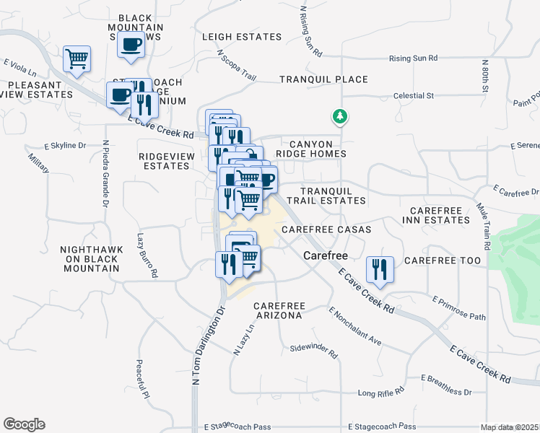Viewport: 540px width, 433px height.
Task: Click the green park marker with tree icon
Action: [339, 115]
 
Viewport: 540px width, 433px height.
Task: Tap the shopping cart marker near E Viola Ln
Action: [77, 59]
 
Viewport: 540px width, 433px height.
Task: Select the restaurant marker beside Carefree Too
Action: [379, 270]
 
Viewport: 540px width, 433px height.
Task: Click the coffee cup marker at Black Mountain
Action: [131, 45]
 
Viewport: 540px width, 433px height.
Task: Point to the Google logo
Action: [24, 424]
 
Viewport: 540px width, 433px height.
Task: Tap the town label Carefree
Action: [326, 255]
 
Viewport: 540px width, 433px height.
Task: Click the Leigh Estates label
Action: [242, 37]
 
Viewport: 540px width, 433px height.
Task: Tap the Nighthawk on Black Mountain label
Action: [90, 258]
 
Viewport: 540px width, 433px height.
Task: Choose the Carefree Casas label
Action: [326, 229]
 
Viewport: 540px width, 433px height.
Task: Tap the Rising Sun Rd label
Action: [414, 58]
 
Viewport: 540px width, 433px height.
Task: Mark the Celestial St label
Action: [413, 95]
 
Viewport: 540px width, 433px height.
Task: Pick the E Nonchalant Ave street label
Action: [354, 326]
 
